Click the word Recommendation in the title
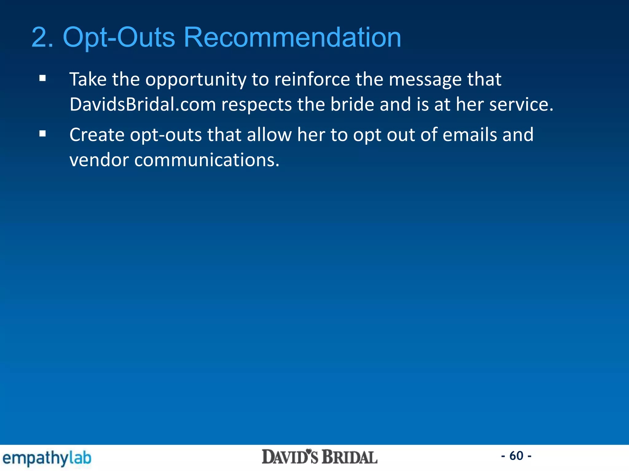pos(292,37)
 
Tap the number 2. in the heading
pos(42,37)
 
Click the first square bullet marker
pos(43,78)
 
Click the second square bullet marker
pos(43,134)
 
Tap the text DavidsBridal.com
pos(143,104)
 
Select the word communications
pos(207,160)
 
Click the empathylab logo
pos(47,458)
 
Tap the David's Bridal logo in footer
pos(319,457)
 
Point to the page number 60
pos(516,456)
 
